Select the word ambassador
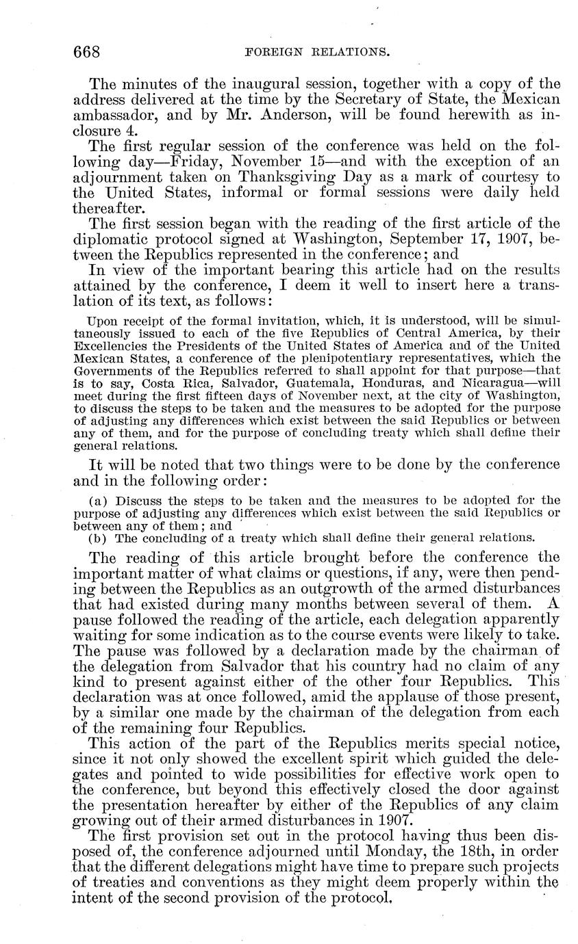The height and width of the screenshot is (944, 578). tap(115, 115)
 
